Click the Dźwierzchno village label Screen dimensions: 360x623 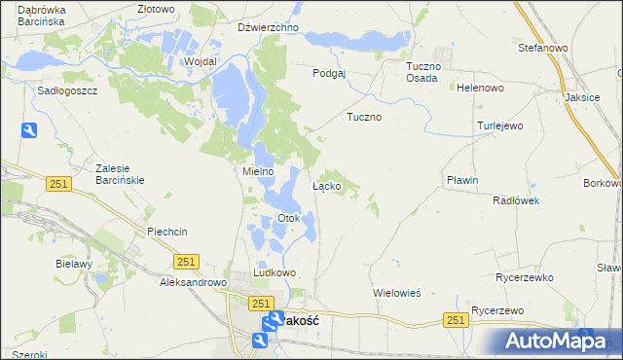click(268, 27)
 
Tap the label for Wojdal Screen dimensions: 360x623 click(200, 60)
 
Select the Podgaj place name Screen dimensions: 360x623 click(329, 73)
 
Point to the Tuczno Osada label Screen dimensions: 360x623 click(423, 72)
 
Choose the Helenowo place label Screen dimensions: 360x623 click(480, 88)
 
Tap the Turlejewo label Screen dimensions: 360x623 click(500, 126)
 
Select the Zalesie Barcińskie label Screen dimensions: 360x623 click(120, 172)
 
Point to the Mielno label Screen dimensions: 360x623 click(258, 171)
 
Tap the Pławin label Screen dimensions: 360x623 click(462, 180)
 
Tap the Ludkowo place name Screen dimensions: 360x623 click(275, 273)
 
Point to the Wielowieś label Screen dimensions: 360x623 click(396, 292)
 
